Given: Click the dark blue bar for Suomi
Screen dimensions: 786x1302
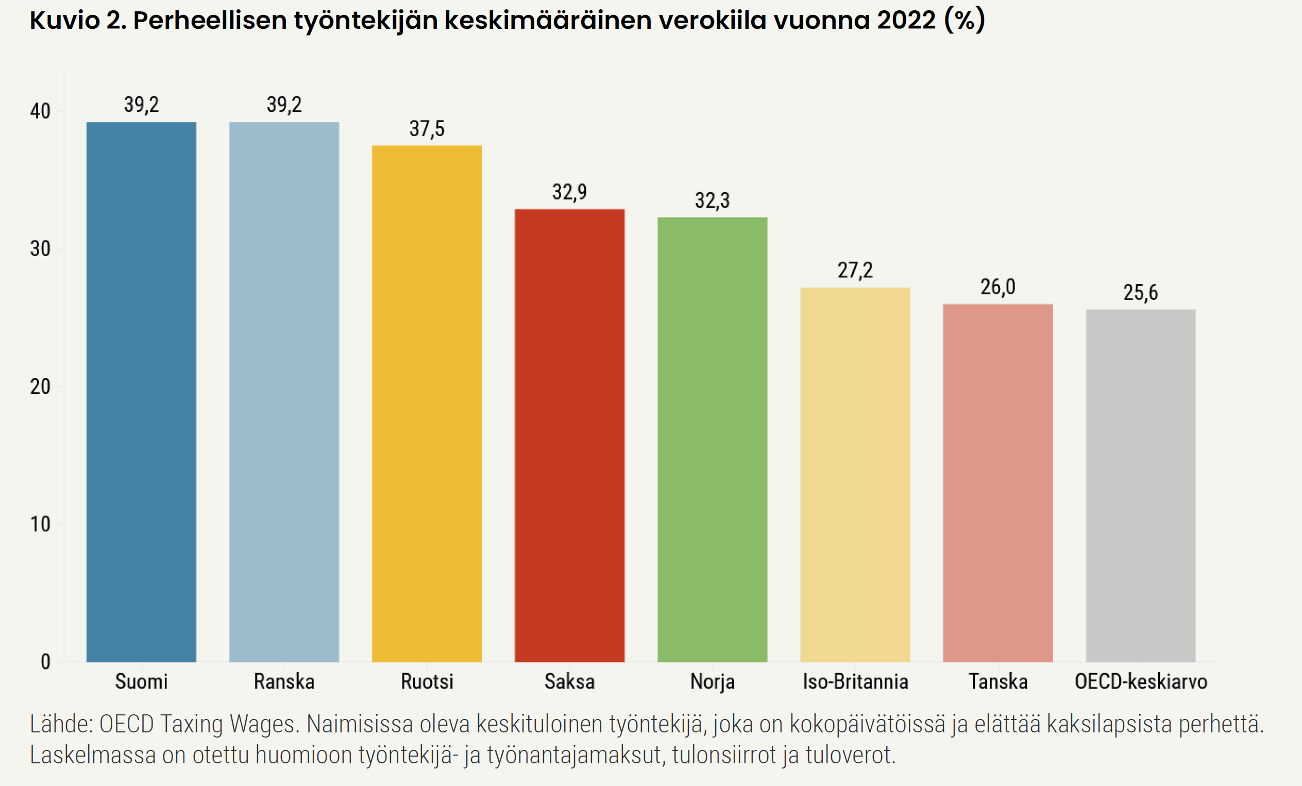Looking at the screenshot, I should (141, 392).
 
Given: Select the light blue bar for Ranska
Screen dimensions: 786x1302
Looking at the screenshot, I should (284, 392).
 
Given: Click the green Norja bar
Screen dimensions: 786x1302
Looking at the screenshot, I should (712, 439).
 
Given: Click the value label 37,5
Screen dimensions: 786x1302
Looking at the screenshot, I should (427, 129).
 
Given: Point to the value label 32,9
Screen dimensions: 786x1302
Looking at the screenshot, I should (569, 192).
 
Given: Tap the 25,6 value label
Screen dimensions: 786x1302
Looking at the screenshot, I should (1140, 293).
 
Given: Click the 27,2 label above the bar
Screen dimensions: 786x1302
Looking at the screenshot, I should (855, 271).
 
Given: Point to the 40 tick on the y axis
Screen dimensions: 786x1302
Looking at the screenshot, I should (40, 111).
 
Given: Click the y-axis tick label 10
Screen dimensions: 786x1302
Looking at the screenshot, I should (40, 524).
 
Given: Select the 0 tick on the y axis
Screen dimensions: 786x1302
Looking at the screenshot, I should (45, 662).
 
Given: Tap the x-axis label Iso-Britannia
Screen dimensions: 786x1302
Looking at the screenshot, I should (855, 682).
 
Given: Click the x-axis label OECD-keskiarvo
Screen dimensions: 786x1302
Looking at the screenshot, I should (1141, 682).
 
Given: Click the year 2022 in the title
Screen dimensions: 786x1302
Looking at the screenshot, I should (906, 20).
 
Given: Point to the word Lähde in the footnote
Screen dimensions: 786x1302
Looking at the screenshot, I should (61, 724).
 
